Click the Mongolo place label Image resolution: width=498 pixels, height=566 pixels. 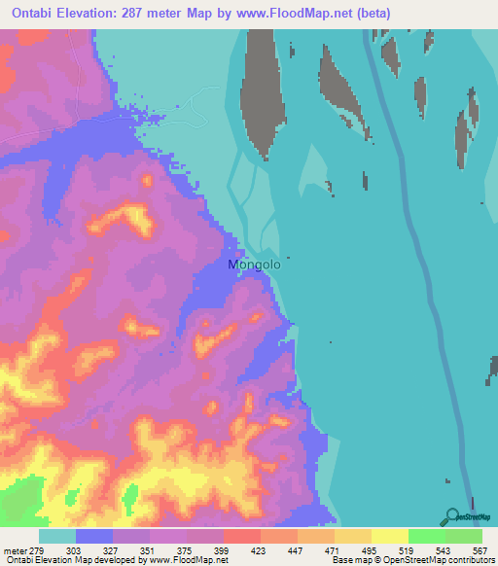click(254, 264)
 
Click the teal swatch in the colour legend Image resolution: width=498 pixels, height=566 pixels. click(57, 537)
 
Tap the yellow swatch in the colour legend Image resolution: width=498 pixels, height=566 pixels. click(389, 537)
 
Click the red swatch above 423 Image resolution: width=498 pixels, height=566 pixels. click(241, 537)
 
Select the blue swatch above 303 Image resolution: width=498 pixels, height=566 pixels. click(94, 537)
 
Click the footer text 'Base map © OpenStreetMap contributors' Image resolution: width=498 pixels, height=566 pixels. click(411, 560)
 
